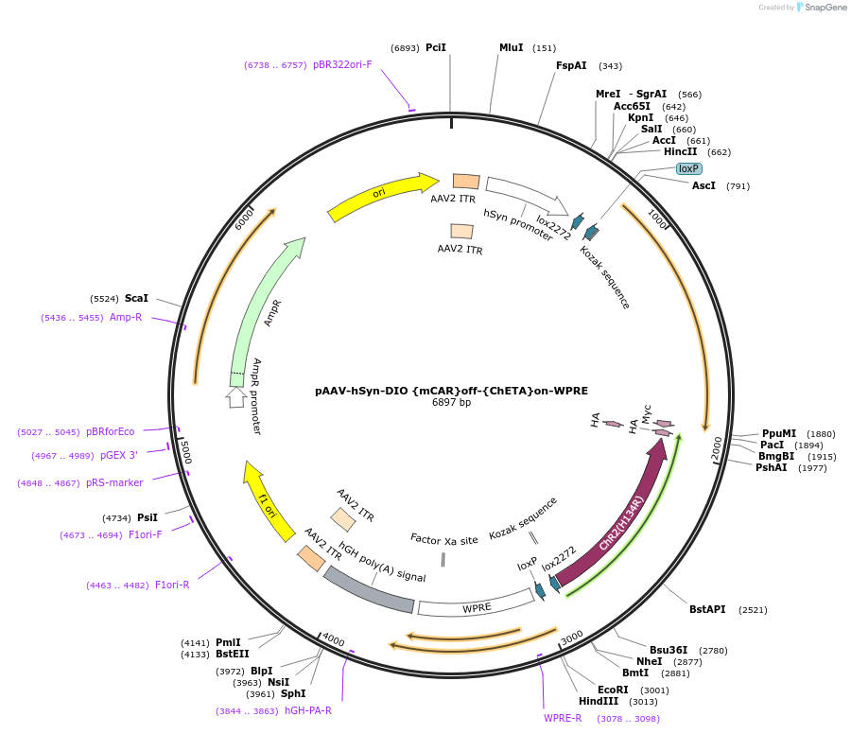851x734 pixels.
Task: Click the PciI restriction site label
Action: point(435,47)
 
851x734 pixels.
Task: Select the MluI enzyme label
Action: point(511,47)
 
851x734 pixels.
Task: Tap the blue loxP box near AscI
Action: point(689,168)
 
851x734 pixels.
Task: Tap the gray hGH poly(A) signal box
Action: point(369,589)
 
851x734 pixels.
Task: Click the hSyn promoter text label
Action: point(518,226)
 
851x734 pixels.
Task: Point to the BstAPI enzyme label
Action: point(707,609)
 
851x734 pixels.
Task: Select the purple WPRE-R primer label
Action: point(563,718)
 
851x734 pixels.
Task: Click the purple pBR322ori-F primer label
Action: point(342,65)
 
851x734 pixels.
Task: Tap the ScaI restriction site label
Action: point(136,298)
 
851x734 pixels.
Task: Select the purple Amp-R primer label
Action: point(126,317)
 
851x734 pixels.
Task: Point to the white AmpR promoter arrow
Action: point(236,397)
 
